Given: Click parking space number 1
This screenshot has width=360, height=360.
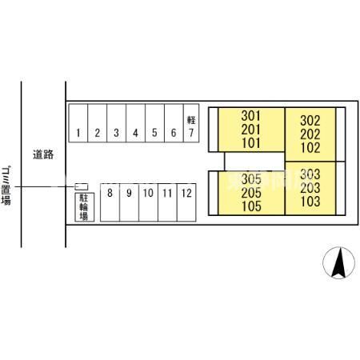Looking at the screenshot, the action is click(78, 123).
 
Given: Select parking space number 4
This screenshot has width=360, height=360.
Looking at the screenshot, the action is click(135, 123).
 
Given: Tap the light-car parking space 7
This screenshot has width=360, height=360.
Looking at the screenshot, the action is click(191, 123).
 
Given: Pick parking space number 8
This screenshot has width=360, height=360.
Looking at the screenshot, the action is click(110, 202).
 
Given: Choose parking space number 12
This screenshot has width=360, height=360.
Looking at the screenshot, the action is click(186, 202).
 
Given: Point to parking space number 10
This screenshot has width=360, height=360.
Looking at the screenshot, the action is click(148, 202).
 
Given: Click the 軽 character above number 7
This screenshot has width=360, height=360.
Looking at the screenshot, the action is click(191, 120).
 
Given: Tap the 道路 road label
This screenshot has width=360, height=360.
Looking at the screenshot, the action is click(43, 154).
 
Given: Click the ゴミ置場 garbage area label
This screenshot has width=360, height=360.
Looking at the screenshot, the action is click(6, 186).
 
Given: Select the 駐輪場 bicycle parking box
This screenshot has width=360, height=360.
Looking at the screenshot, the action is click(85, 207).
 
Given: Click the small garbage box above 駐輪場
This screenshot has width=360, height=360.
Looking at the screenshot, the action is click(82, 186).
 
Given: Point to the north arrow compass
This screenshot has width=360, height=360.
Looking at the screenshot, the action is click(338, 263).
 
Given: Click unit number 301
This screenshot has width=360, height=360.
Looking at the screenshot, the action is click(251, 116).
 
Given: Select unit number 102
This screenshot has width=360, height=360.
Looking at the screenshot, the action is click(310, 148).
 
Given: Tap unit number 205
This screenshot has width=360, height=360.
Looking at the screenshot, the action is click(251, 193).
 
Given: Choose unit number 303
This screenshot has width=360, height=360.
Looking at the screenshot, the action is click(310, 174).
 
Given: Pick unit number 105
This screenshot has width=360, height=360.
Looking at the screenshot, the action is click(251, 206).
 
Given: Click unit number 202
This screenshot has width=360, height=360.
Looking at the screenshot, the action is click(310, 134).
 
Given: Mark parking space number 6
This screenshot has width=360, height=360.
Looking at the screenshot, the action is click(174, 123).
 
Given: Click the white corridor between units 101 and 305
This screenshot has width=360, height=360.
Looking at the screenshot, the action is click(254, 162).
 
